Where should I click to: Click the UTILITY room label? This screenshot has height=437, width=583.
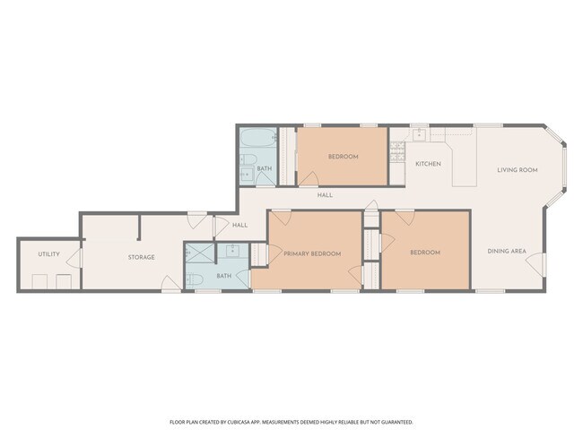tap(48, 254)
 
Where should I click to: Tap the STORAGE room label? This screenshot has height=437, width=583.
tap(141, 257)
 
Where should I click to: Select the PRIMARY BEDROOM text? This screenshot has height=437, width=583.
tap(312, 253)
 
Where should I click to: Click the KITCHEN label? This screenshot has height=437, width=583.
tap(427, 164)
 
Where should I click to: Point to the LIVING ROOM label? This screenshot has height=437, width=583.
tap(518, 169)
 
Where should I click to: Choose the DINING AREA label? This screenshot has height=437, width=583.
tap(506, 252)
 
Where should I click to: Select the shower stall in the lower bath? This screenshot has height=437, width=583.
tap(198, 253)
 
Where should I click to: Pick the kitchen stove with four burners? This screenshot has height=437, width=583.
tap(397, 151)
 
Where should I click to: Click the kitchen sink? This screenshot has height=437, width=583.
tap(419, 134)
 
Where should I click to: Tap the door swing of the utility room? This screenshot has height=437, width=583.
tap(75, 259)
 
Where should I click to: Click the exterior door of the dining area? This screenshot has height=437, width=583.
tap(536, 263)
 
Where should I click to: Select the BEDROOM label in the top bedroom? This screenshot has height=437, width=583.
tap(343, 157)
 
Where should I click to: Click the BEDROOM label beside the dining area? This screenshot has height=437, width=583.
tap(424, 253)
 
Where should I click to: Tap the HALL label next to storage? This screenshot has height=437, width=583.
tap(239, 225)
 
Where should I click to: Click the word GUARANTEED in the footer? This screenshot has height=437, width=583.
tap(394, 422)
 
